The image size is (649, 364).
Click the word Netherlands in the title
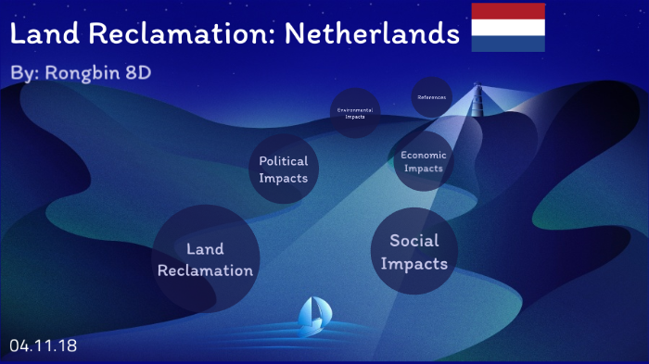pyautogui.click(x=372, y=35)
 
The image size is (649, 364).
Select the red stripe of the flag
pyautogui.click(x=508, y=11)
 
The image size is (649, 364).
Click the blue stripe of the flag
pyautogui.click(x=508, y=44)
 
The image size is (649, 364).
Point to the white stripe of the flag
pyautogui.click(x=508, y=28)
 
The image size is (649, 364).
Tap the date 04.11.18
pyautogui.click(x=43, y=345)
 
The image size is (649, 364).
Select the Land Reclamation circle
pyautogui.click(x=205, y=259)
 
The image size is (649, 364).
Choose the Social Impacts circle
pyautogui.click(x=414, y=252)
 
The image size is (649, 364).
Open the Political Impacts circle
pyautogui.click(x=283, y=170)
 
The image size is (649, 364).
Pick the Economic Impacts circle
pyautogui.click(x=424, y=162)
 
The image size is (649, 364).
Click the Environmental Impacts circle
pyautogui.click(x=355, y=113)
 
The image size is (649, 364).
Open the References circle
pyautogui.click(x=431, y=97)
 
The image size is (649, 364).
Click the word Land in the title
pyautogui.click(x=43, y=35)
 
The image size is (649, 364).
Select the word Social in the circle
pyautogui.click(x=414, y=241)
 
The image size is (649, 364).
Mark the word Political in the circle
pyautogui.click(x=283, y=162)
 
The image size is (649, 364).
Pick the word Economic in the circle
pyautogui.click(x=424, y=156)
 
